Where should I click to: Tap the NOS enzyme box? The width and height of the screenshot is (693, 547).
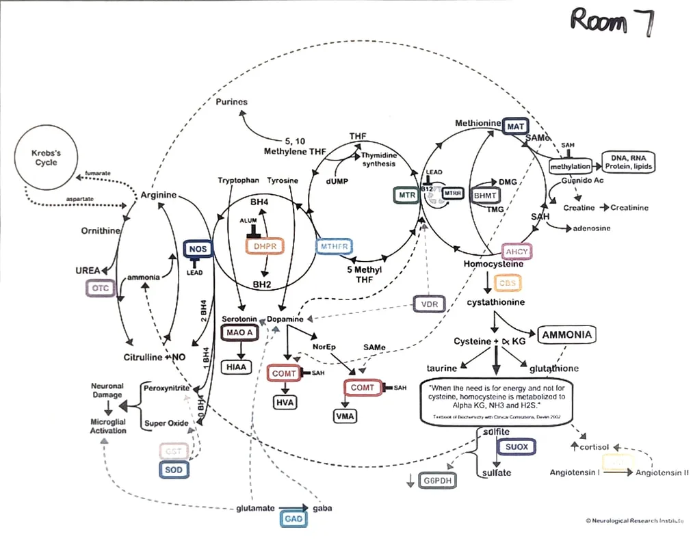point(198,250)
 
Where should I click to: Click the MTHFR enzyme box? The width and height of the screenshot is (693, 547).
point(334,246)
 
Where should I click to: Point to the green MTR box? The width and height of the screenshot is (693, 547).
point(404,195)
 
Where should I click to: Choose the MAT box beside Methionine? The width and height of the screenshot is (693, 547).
point(515,126)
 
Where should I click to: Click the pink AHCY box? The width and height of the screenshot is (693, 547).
point(517,252)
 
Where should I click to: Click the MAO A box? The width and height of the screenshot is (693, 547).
point(237,333)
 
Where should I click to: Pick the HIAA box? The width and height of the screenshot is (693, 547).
point(237,367)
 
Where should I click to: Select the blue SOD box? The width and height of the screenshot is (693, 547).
point(174,470)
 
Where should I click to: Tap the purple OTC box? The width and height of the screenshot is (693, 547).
point(101,289)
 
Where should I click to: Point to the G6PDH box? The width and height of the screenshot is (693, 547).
point(439,481)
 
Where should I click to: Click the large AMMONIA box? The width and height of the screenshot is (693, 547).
point(566,335)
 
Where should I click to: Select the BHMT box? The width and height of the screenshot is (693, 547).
point(486,195)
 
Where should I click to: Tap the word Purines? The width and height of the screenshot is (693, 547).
point(231,102)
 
